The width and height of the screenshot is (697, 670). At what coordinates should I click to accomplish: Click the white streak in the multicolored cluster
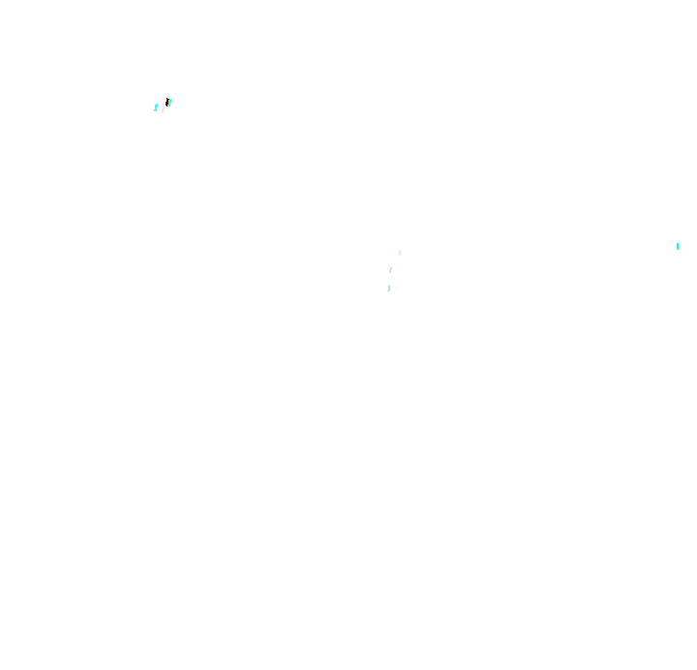pyautogui.click(x=160, y=101)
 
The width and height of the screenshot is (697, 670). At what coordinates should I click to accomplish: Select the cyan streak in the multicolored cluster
pyautogui.click(x=156, y=107)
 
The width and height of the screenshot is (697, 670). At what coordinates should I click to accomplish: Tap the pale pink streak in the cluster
pyautogui.click(x=164, y=109)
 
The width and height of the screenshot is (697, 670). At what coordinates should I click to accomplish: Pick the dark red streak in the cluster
pyautogui.click(x=167, y=102)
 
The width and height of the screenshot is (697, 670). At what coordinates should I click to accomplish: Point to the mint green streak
pyautogui.click(x=169, y=103)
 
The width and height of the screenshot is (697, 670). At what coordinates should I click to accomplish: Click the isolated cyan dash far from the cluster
pyautogui.click(x=678, y=246)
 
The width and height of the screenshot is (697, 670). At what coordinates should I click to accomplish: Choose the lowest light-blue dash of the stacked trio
pyautogui.click(x=389, y=288)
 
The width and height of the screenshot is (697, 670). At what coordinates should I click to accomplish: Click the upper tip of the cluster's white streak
pyautogui.click(x=161, y=98)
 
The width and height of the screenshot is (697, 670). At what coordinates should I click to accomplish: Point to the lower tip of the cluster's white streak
pyautogui.click(x=159, y=104)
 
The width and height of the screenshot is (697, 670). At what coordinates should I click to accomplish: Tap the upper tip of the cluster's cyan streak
pyautogui.click(x=157, y=105)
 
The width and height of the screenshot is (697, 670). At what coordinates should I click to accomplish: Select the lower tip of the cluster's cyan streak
pyautogui.click(x=155, y=110)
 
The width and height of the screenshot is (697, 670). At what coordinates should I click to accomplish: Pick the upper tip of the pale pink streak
pyautogui.click(x=164, y=107)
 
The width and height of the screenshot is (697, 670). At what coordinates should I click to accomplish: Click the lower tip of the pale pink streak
pyautogui.click(x=163, y=112)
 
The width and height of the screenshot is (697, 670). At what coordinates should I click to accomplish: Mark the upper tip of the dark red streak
pyautogui.click(x=167, y=99)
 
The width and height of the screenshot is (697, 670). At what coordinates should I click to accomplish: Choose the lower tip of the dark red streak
pyautogui.click(x=167, y=106)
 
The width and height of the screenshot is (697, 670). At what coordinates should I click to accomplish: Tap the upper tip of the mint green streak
pyautogui.click(x=170, y=100)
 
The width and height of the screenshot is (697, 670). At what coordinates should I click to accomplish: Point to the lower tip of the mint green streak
pyautogui.click(x=168, y=106)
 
